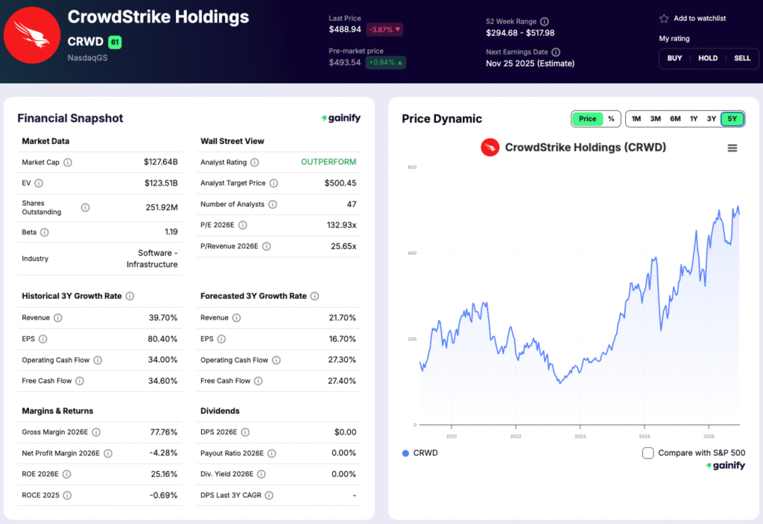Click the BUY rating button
674,58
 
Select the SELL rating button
742,58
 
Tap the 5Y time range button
732,119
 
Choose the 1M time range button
636,119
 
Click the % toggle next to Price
611,119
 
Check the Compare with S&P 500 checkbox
648,453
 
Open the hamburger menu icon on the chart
732,148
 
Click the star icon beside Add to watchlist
664,19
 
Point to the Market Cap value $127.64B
160,162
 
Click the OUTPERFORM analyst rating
329,162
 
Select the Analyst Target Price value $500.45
341,183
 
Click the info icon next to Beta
45,233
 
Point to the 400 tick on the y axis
411,253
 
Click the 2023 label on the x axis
580,436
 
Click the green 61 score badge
115,42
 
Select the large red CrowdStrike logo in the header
32,35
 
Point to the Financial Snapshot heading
70,118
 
